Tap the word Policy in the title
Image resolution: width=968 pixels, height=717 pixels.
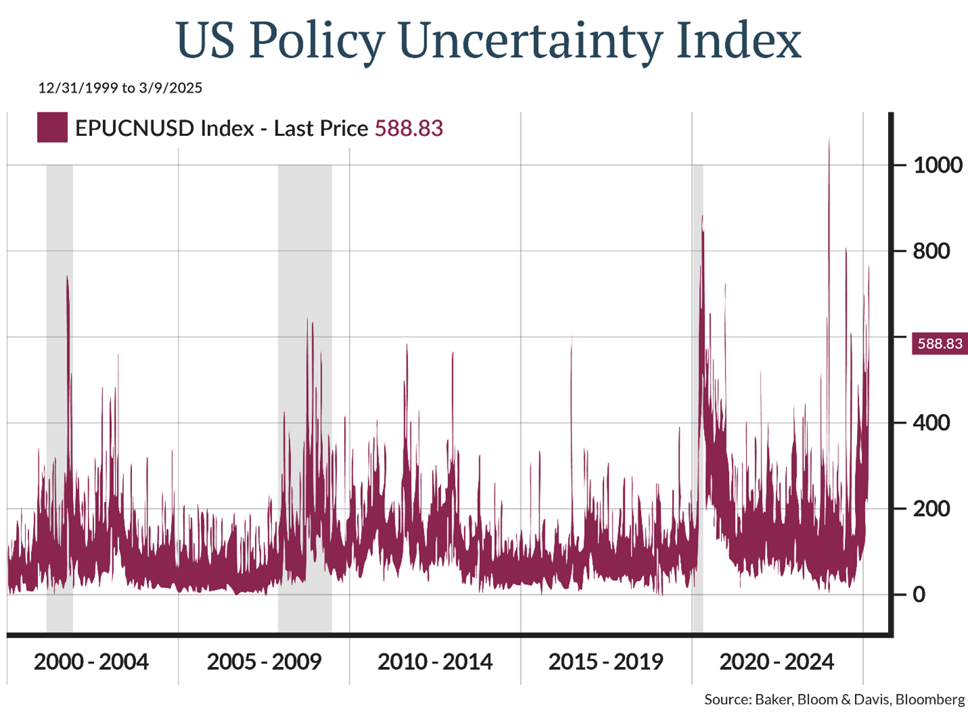pos(317,41)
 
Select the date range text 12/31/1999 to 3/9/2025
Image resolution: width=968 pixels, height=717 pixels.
pos(120,88)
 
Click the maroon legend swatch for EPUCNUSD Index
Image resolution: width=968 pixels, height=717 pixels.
pos(52,128)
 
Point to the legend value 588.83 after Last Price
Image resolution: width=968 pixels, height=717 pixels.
pos(409,129)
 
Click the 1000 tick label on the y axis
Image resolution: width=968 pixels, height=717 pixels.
pos(938,165)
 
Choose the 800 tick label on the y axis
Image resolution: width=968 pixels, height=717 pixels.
pos(931,251)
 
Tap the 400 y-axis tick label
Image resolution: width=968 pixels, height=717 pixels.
pos(931,423)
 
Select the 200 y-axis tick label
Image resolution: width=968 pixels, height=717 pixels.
pos(931,509)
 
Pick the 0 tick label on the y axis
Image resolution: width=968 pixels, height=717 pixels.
pos(919,595)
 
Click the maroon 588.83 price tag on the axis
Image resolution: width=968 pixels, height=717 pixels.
pos(940,344)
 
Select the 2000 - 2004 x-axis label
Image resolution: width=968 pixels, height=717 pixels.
pos(91,662)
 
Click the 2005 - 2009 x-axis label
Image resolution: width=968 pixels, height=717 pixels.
pos(264,662)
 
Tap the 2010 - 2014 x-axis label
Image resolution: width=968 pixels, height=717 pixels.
pos(435,662)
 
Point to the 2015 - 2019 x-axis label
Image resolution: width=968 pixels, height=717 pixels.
pos(606,662)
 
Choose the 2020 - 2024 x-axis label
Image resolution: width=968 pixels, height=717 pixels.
pos(777,662)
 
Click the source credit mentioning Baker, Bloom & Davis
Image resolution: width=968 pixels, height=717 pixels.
pos(835,699)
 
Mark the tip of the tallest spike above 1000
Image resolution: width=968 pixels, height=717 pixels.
pos(829,138)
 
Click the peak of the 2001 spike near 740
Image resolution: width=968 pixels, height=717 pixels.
pos(67,276)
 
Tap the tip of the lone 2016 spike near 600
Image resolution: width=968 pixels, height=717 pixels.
pos(571,337)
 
